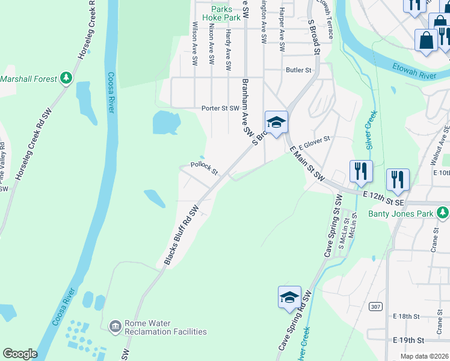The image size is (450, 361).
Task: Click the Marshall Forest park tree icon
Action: pyautogui.click(x=67, y=78)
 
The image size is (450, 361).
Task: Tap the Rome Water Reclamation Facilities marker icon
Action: pyautogui.click(x=115, y=326)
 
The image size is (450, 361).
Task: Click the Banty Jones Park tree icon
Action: pyautogui.click(x=443, y=213)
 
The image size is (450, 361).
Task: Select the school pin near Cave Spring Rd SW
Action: pyautogui.click(x=289, y=297)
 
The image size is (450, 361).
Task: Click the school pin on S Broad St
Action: pyautogui.click(x=276, y=122)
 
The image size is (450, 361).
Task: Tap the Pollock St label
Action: pyautogui.click(x=204, y=165)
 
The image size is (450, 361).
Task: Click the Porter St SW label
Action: pyautogui.click(x=220, y=109)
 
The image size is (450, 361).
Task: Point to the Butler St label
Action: pyautogui.click(x=298, y=70)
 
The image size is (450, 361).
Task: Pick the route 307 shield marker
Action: pyautogui.click(x=376, y=307)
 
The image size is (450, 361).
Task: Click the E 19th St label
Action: pyautogui.click(x=408, y=340)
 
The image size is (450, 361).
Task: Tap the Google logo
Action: pyautogui.click(x=20, y=354)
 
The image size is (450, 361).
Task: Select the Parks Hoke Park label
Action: pyautogui.click(x=221, y=13)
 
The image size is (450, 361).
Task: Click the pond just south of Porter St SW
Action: pyautogui.click(x=166, y=122)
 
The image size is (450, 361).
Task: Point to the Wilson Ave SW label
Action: pyautogui.click(x=195, y=43)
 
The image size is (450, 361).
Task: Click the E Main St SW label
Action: pyautogui.click(x=307, y=163)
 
